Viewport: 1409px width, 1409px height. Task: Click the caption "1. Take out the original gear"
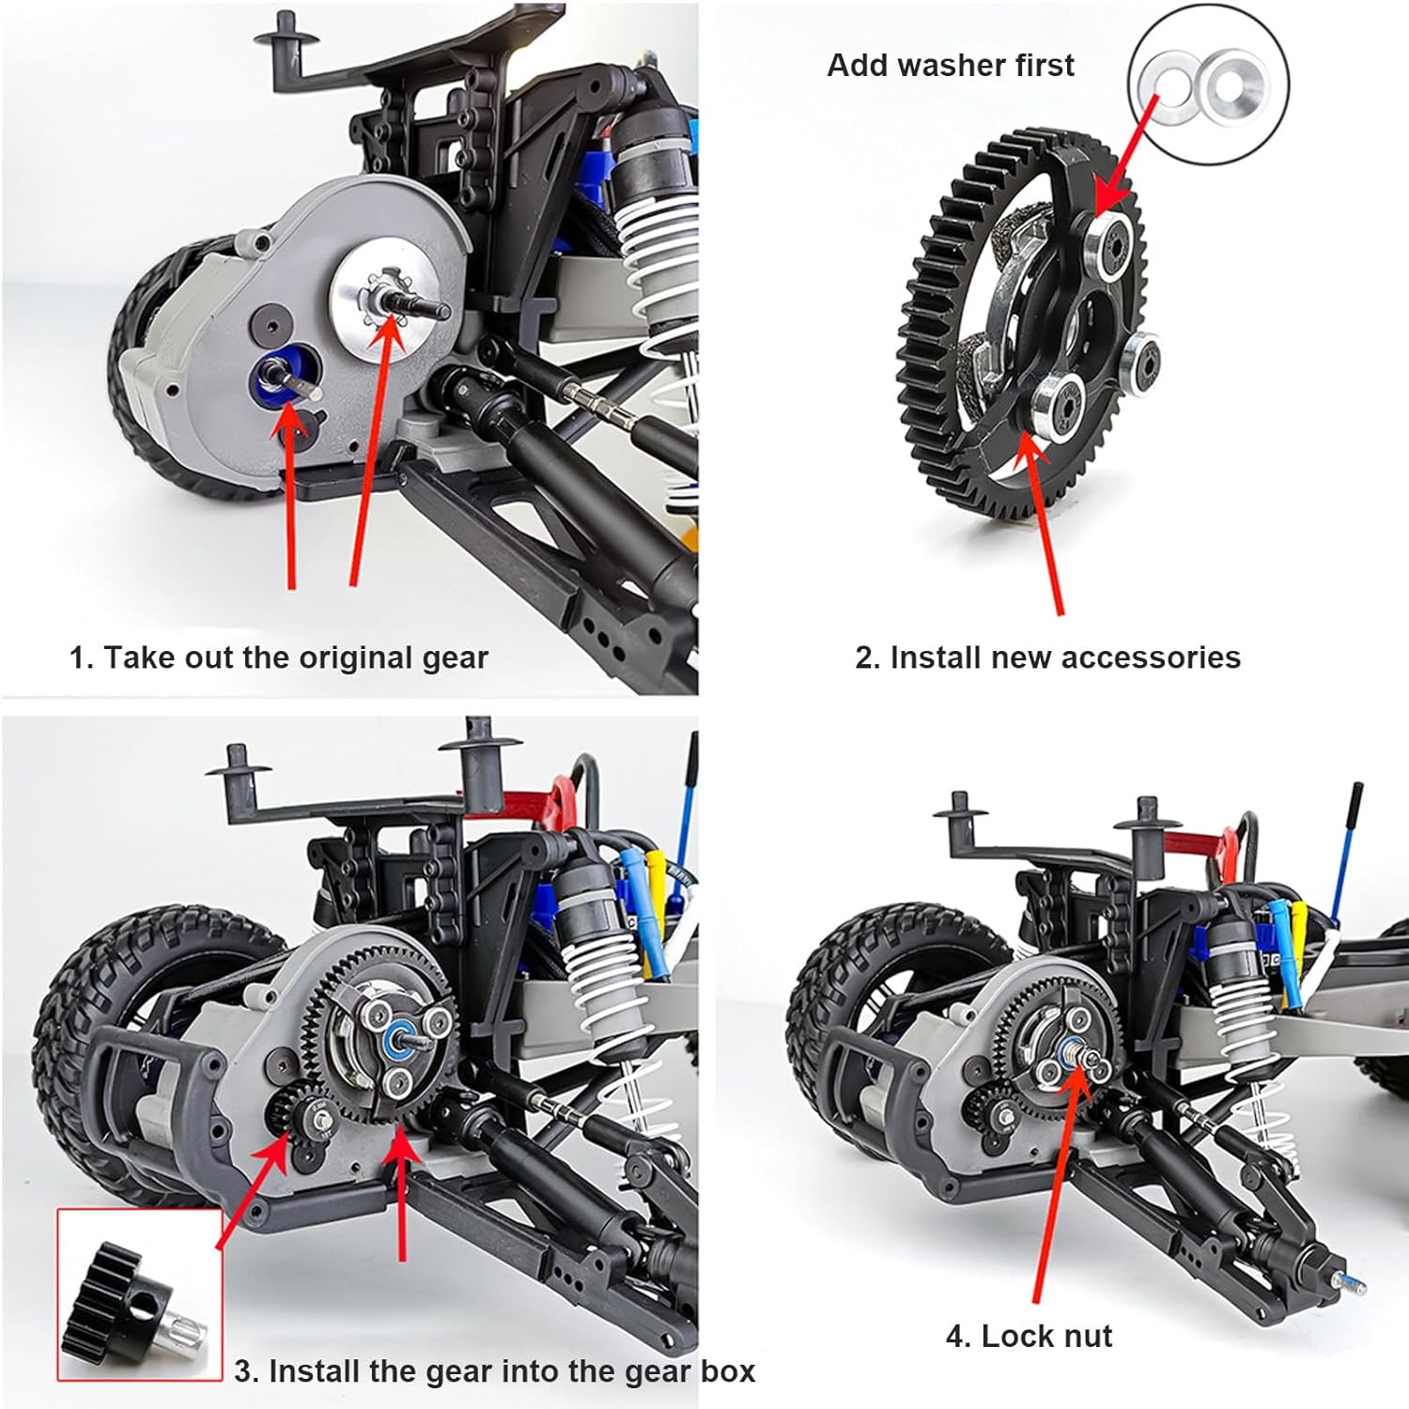coord(279,658)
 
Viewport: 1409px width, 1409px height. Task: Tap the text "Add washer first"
coord(951,65)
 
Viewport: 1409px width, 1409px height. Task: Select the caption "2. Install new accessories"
coord(1047,658)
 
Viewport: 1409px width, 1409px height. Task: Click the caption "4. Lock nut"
coord(1029,1336)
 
